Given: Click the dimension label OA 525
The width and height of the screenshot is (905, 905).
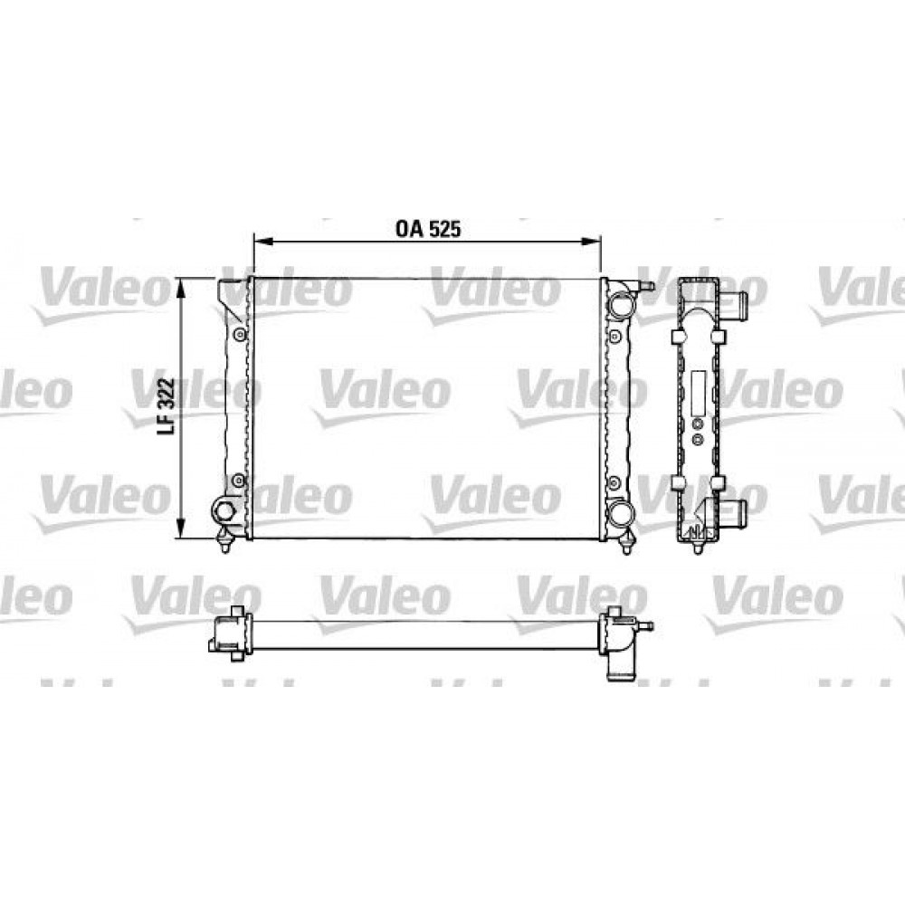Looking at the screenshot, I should (x=428, y=229).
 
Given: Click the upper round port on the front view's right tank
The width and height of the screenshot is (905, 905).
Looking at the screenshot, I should (x=620, y=305).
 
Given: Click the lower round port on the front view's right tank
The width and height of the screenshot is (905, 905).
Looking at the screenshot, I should (x=620, y=514).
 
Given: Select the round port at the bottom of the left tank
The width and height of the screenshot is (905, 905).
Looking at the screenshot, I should (x=224, y=511).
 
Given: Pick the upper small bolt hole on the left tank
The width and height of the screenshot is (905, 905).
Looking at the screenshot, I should (x=239, y=335).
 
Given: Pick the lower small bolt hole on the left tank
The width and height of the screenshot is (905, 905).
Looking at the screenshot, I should (x=239, y=481).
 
